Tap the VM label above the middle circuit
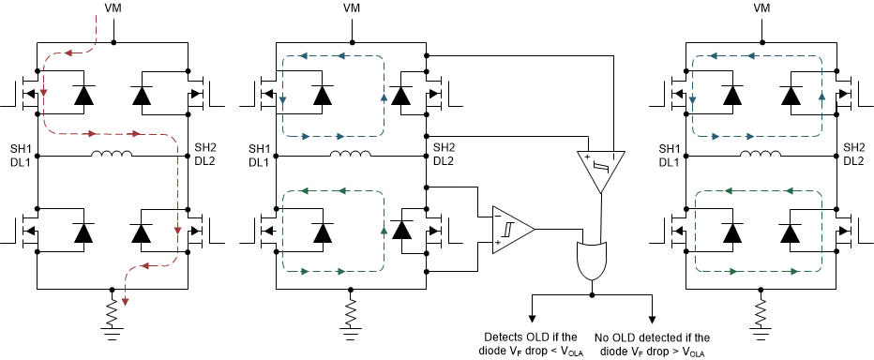pos(353,7)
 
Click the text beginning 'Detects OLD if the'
pos(529,343)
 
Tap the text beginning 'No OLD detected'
pos(652,343)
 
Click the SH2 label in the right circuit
pos(853,148)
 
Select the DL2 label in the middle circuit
pos(444,161)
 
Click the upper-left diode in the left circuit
pos(83,95)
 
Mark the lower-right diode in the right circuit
pos(788,230)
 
